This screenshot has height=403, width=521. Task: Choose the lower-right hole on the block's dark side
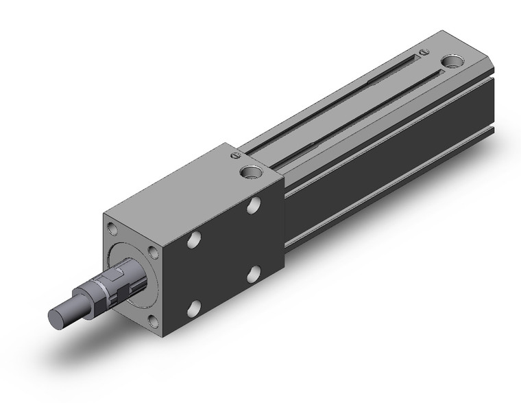254,274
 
